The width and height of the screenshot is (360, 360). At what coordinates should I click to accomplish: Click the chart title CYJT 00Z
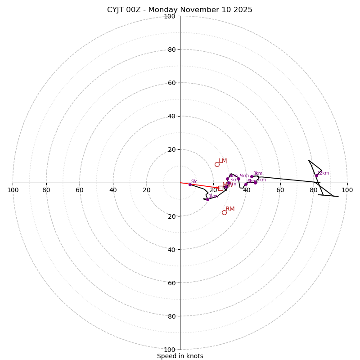coord(180,10)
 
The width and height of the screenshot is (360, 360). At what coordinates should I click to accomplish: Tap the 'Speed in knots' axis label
coord(180,356)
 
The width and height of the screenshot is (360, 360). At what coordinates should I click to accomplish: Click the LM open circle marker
coord(217,165)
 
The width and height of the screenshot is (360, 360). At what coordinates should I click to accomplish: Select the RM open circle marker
coord(224,212)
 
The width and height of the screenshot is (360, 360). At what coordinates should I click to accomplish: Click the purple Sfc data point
coord(190,184)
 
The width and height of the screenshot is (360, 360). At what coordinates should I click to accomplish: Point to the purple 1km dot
coord(207,199)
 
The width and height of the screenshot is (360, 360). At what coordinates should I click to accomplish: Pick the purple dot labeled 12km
coord(316,176)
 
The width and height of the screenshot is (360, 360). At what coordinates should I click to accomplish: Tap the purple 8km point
coord(252,176)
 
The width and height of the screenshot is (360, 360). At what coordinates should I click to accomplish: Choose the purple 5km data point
coord(238,179)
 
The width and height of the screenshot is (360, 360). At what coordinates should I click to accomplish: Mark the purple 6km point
coord(246,184)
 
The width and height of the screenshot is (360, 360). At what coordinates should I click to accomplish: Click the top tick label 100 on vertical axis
coord(170,16)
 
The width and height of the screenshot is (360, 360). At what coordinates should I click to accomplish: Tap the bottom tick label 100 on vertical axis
coord(170,349)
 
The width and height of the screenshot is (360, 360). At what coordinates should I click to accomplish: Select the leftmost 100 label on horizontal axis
coord(13,190)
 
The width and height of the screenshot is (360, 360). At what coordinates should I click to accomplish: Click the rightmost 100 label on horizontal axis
coord(347,190)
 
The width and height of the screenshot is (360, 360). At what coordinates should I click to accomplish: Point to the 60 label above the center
coord(171,83)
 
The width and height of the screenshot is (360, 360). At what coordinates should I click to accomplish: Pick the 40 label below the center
coord(171,249)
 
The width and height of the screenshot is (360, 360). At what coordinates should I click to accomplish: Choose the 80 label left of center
coord(46,190)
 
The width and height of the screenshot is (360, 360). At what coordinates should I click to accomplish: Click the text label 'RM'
coord(230,209)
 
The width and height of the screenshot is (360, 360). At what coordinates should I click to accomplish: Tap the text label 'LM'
coord(223,161)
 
